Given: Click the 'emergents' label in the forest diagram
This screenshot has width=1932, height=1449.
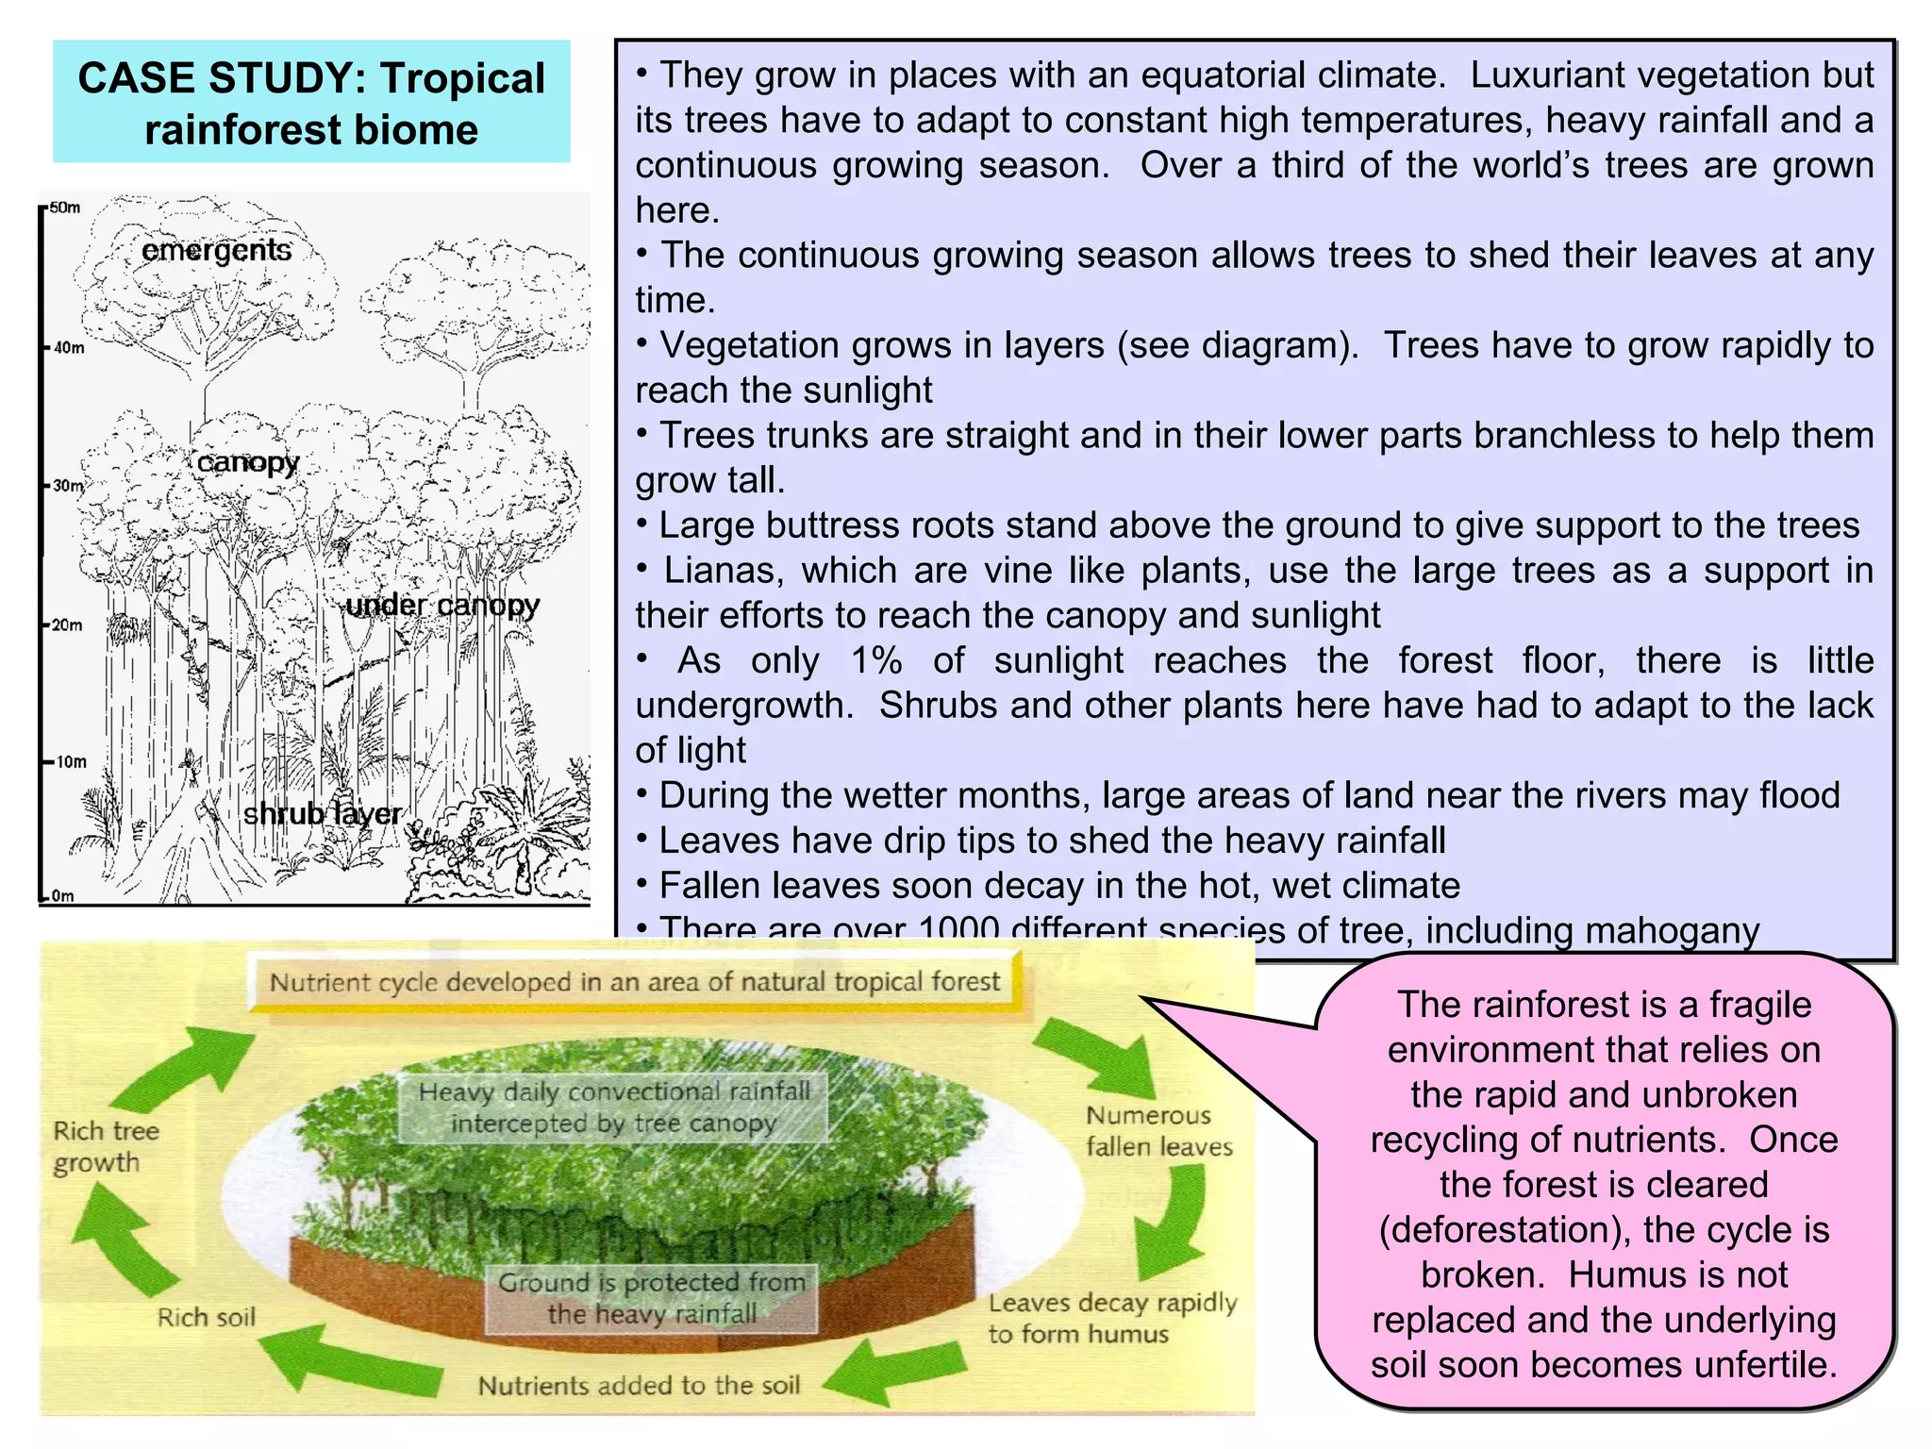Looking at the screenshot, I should point(216,250).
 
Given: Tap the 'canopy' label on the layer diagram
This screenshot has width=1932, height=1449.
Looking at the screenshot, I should point(247,462).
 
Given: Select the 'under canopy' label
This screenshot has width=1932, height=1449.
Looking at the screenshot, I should point(442,605).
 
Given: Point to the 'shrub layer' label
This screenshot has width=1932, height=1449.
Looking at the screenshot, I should point(323,813).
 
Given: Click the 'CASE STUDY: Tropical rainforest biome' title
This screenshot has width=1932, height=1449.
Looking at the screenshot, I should point(311,103).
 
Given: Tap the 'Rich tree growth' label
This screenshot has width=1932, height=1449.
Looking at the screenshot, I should point(106,1146).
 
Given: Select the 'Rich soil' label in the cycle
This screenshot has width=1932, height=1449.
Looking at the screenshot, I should point(206,1317).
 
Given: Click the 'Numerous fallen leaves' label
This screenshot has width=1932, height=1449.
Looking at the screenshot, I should point(1158,1131).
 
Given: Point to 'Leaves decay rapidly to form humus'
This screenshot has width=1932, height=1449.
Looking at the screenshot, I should point(1111,1318).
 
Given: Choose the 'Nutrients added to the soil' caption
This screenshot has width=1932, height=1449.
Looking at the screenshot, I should point(639,1385).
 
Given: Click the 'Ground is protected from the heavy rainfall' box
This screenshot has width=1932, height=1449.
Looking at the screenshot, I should point(652,1298).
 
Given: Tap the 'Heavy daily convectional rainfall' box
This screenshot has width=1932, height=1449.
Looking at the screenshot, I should point(614,1108).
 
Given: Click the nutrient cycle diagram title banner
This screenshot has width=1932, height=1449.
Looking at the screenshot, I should point(635,982).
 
